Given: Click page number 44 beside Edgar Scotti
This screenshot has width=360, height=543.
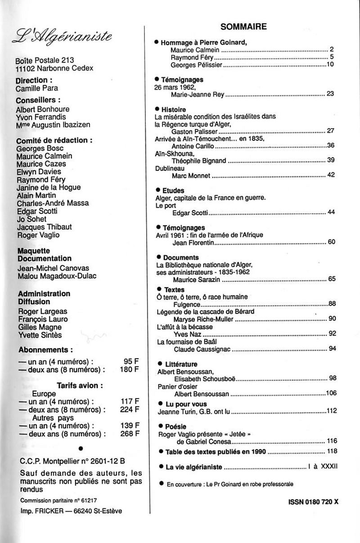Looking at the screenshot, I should pos(332,212).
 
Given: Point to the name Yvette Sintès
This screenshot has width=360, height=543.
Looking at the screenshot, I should pos(40,335).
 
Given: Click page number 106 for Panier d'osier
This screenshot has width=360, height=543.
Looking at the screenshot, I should pos(331,393).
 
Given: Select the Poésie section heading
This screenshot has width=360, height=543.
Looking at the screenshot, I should pos(175,426).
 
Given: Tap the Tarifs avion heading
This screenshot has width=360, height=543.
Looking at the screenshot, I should pos(81,386).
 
